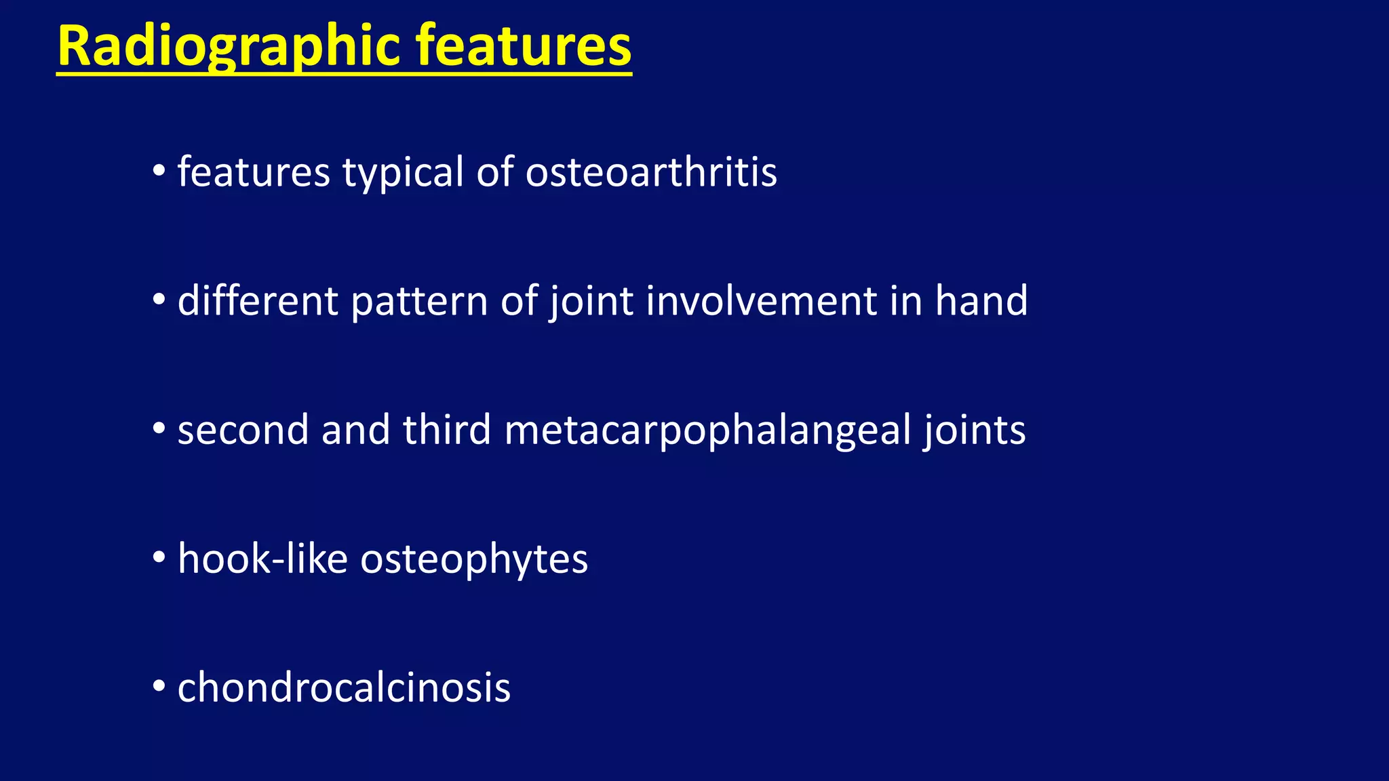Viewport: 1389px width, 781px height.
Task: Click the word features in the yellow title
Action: click(523, 46)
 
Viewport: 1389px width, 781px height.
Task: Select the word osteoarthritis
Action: click(651, 172)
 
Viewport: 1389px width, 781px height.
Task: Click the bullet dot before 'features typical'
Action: click(159, 170)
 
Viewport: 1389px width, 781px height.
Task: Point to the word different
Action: click(257, 301)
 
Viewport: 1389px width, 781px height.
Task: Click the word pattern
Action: click(419, 301)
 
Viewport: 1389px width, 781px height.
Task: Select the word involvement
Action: click(761, 301)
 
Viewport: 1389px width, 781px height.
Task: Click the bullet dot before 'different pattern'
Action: click(159, 299)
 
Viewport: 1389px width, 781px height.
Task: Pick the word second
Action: click(243, 430)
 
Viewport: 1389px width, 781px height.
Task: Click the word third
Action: click(446, 430)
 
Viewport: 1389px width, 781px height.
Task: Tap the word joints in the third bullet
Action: click(974, 430)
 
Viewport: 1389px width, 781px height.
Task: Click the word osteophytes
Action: click(473, 559)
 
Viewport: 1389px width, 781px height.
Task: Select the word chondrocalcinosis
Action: click(343, 688)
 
